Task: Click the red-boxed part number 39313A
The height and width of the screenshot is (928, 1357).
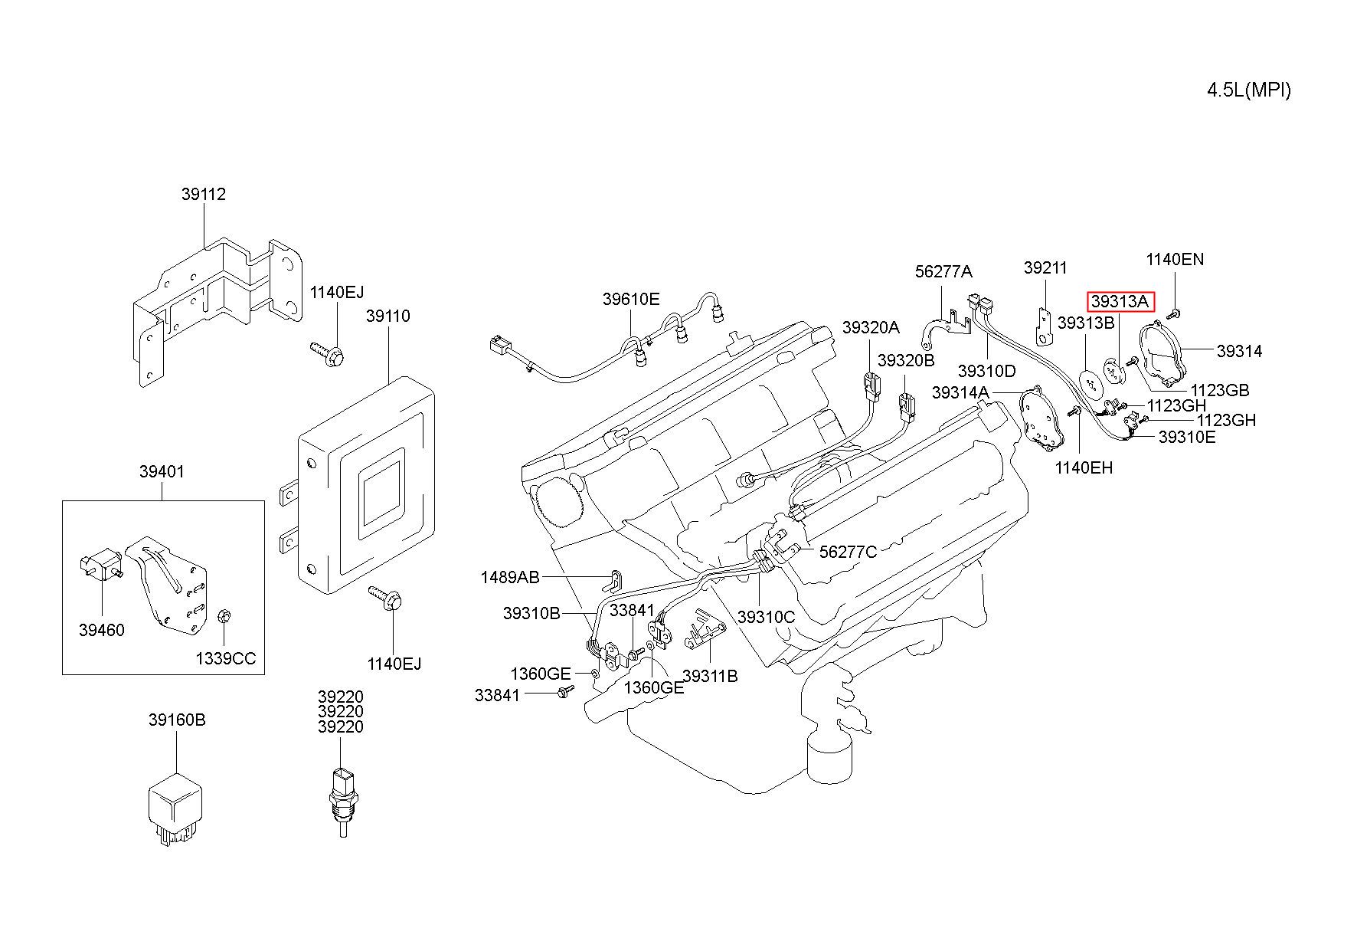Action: pyautogui.click(x=1120, y=302)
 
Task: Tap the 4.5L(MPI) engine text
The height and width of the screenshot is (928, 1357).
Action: pyautogui.click(x=1249, y=90)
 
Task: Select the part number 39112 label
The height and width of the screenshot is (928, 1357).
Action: pyautogui.click(x=204, y=195)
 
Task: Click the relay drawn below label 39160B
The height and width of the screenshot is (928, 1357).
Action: pyautogui.click(x=175, y=809)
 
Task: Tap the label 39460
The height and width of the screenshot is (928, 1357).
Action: pyautogui.click(x=101, y=631)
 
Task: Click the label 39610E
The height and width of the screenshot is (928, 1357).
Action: pyautogui.click(x=631, y=300)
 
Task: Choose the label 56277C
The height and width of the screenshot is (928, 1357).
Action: pyautogui.click(x=848, y=552)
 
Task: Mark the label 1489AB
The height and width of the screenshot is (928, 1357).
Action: pyautogui.click(x=510, y=577)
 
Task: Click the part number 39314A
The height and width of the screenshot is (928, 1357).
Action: pyautogui.click(x=960, y=393)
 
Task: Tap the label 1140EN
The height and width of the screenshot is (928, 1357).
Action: pyautogui.click(x=1175, y=260)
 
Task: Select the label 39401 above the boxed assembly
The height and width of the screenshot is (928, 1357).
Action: pyautogui.click(x=162, y=472)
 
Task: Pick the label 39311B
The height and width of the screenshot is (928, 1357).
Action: pyautogui.click(x=710, y=677)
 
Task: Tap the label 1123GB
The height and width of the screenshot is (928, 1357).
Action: pyautogui.click(x=1220, y=391)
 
